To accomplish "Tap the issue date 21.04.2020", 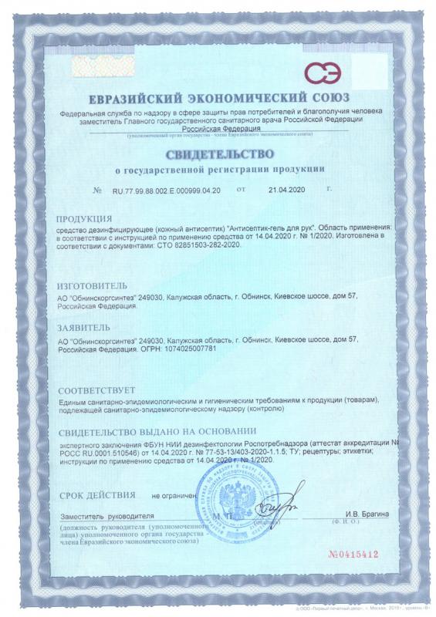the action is pos(288,190).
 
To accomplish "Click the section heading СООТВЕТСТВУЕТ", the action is pos(96,390).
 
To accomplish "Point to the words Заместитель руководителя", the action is pos(106,514).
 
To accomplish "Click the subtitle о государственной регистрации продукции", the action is pos(220,168).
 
